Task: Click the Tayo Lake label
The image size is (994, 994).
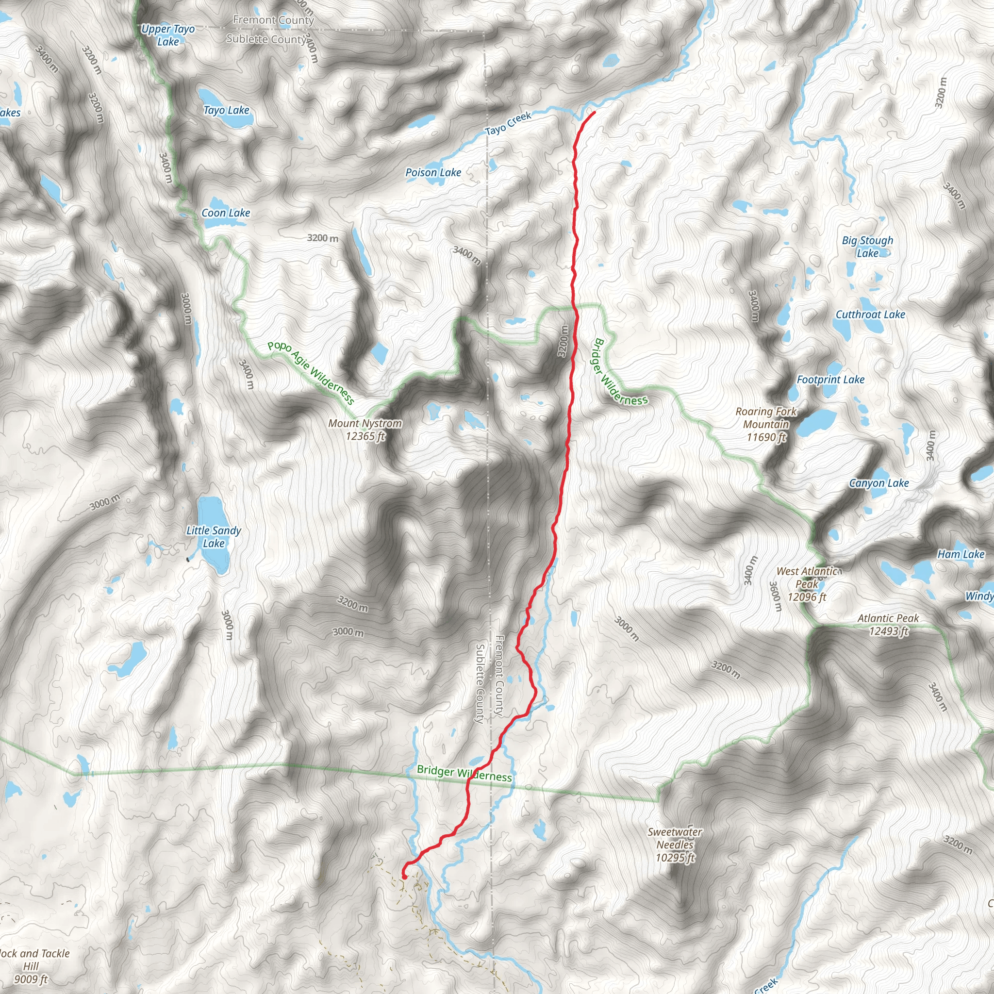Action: (x=226, y=110)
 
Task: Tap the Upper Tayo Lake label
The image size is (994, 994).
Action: (x=168, y=35)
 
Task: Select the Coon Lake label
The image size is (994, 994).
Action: (x=225, y=213)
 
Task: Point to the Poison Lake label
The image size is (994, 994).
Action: (x=433, y=173)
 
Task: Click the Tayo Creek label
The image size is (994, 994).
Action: (x=508, y=124)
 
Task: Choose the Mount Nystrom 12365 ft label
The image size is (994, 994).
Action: (x=365, y=430)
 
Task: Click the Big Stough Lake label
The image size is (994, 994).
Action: (x=867, y=247)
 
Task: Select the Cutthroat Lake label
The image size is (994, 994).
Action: (x=870, y=315)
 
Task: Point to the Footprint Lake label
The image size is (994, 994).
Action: (x=830, y=380)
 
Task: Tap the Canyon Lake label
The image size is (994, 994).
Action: (x=879, y=483)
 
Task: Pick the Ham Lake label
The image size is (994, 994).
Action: (x=961, y=554)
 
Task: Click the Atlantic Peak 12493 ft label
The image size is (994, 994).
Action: (x=888, y=625)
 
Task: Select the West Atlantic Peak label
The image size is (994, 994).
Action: (x=807, y=584)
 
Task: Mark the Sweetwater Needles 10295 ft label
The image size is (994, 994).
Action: (x=675, y=845)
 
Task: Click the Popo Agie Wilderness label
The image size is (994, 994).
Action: (x=311, y=372)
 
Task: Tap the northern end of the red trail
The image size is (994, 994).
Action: (x=594, y=112)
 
